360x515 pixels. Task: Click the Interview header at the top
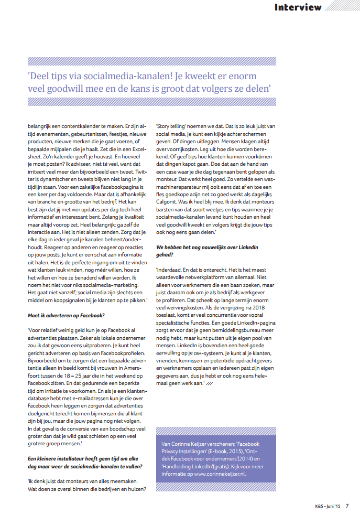[298, 7]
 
